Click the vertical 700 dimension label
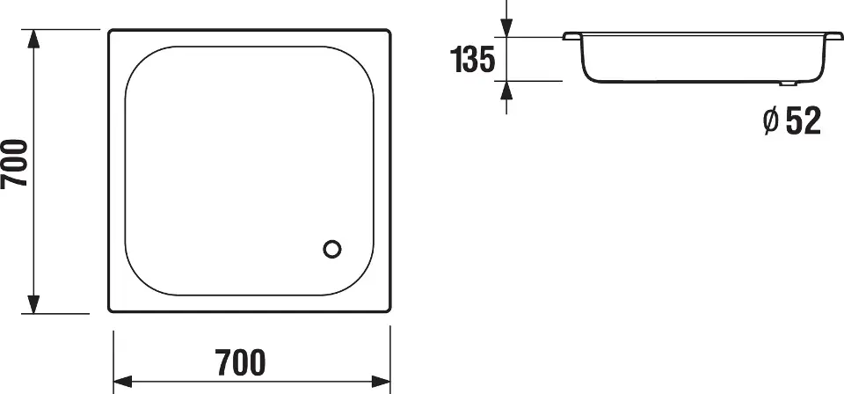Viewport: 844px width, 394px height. coord(14,164)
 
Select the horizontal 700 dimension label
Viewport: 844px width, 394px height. coord(241,362)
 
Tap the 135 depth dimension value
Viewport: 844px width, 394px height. coord(472,59)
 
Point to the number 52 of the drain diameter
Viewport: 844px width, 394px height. coord(803,120)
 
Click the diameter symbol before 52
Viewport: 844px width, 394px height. coord(771,120)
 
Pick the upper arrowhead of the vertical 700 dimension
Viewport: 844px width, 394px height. coord(34,39)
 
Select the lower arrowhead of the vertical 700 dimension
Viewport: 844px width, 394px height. coord(34,304)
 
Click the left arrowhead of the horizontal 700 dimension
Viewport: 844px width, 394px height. coord(123,383)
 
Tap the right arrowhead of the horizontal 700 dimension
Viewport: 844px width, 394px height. coord(381,383)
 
